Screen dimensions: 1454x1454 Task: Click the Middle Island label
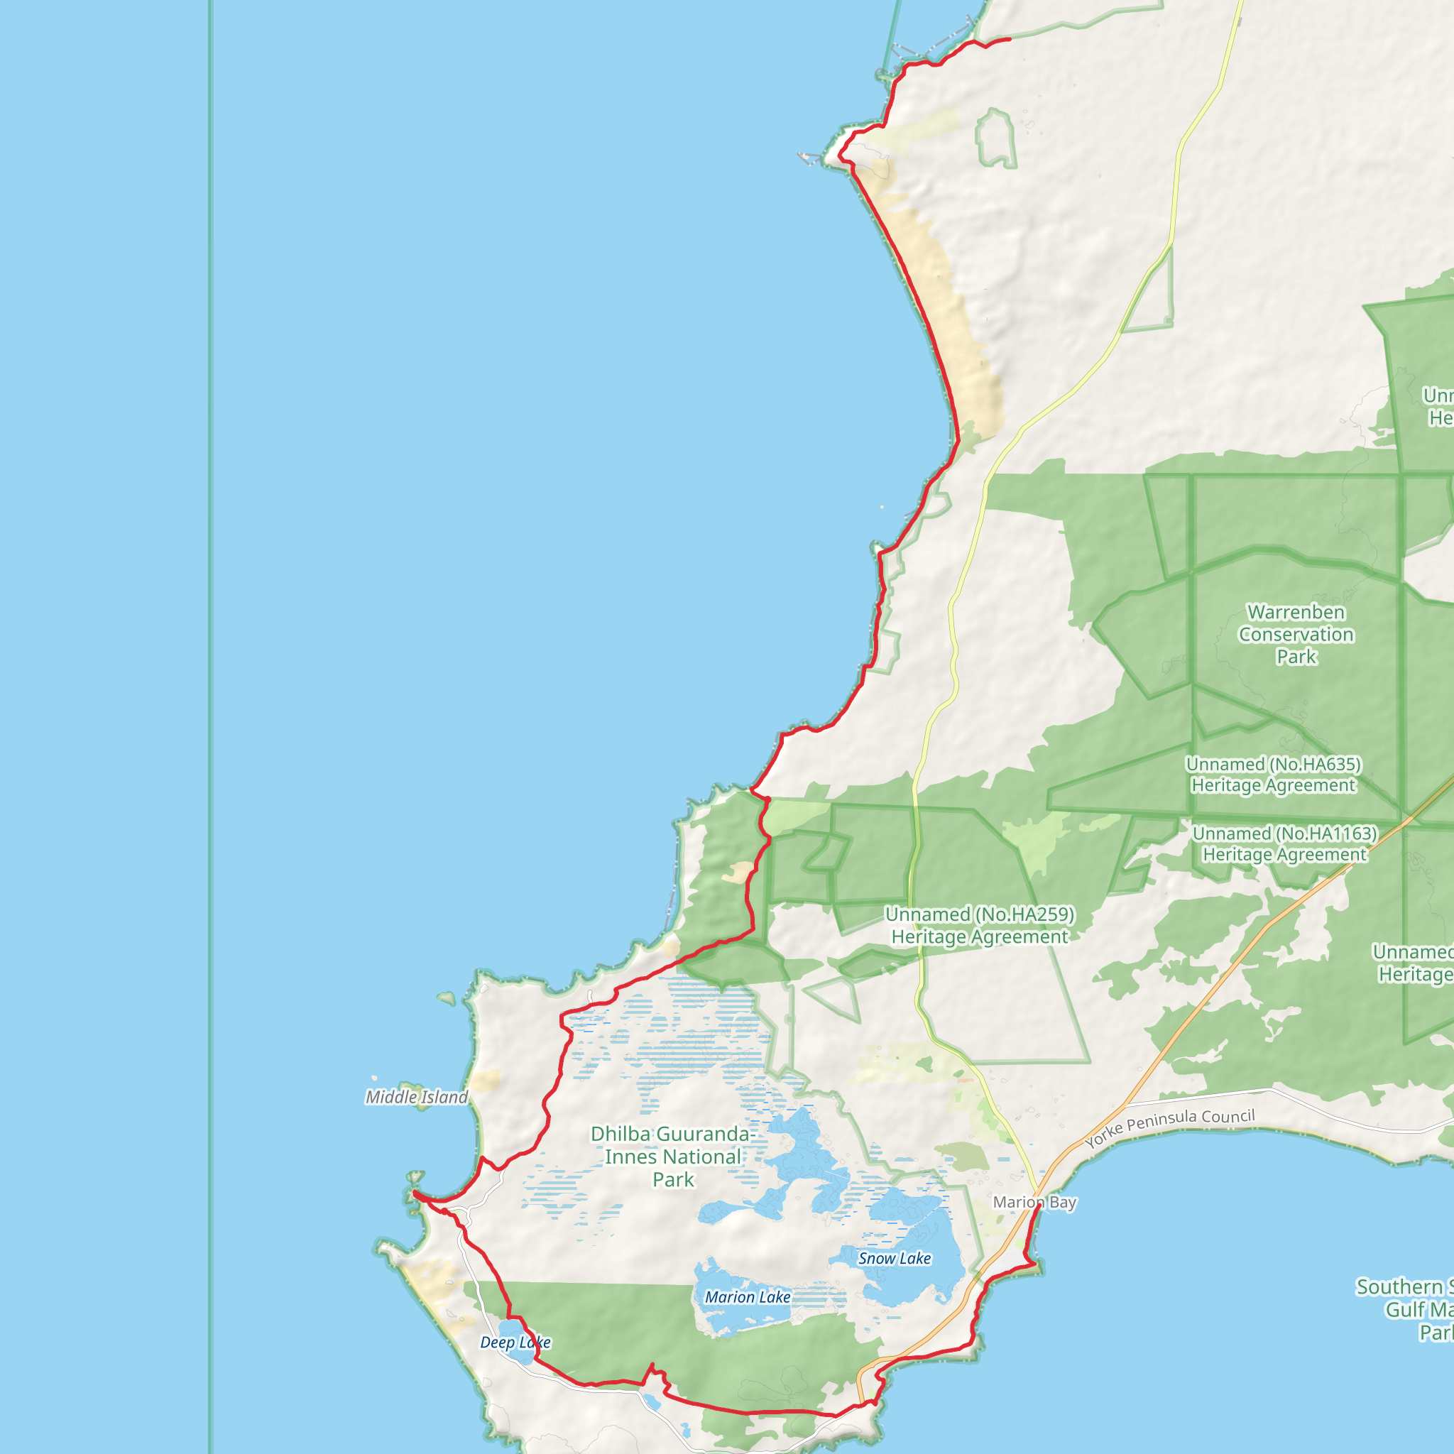[416, 1098]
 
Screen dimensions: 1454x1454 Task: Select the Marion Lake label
[748, 1296]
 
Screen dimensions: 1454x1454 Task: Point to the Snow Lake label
[894, 1258]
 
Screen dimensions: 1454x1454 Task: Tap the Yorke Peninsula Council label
[1169, 1128]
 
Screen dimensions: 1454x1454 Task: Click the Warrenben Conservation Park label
[1296, 634]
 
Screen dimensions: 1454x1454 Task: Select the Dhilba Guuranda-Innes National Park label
[673, 1156]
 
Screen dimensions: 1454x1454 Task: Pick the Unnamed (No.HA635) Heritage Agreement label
[1274, 775]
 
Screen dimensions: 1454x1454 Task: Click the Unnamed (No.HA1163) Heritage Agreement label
[1284, 843]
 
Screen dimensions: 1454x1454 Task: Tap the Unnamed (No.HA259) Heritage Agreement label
[979, 925]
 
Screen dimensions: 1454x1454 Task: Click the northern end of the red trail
[1008, 39]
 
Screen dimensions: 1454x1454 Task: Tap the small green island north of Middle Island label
[447, 999]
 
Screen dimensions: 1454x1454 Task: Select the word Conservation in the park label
[1296, 635]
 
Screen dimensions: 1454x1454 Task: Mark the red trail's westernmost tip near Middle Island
[414, 1192]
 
